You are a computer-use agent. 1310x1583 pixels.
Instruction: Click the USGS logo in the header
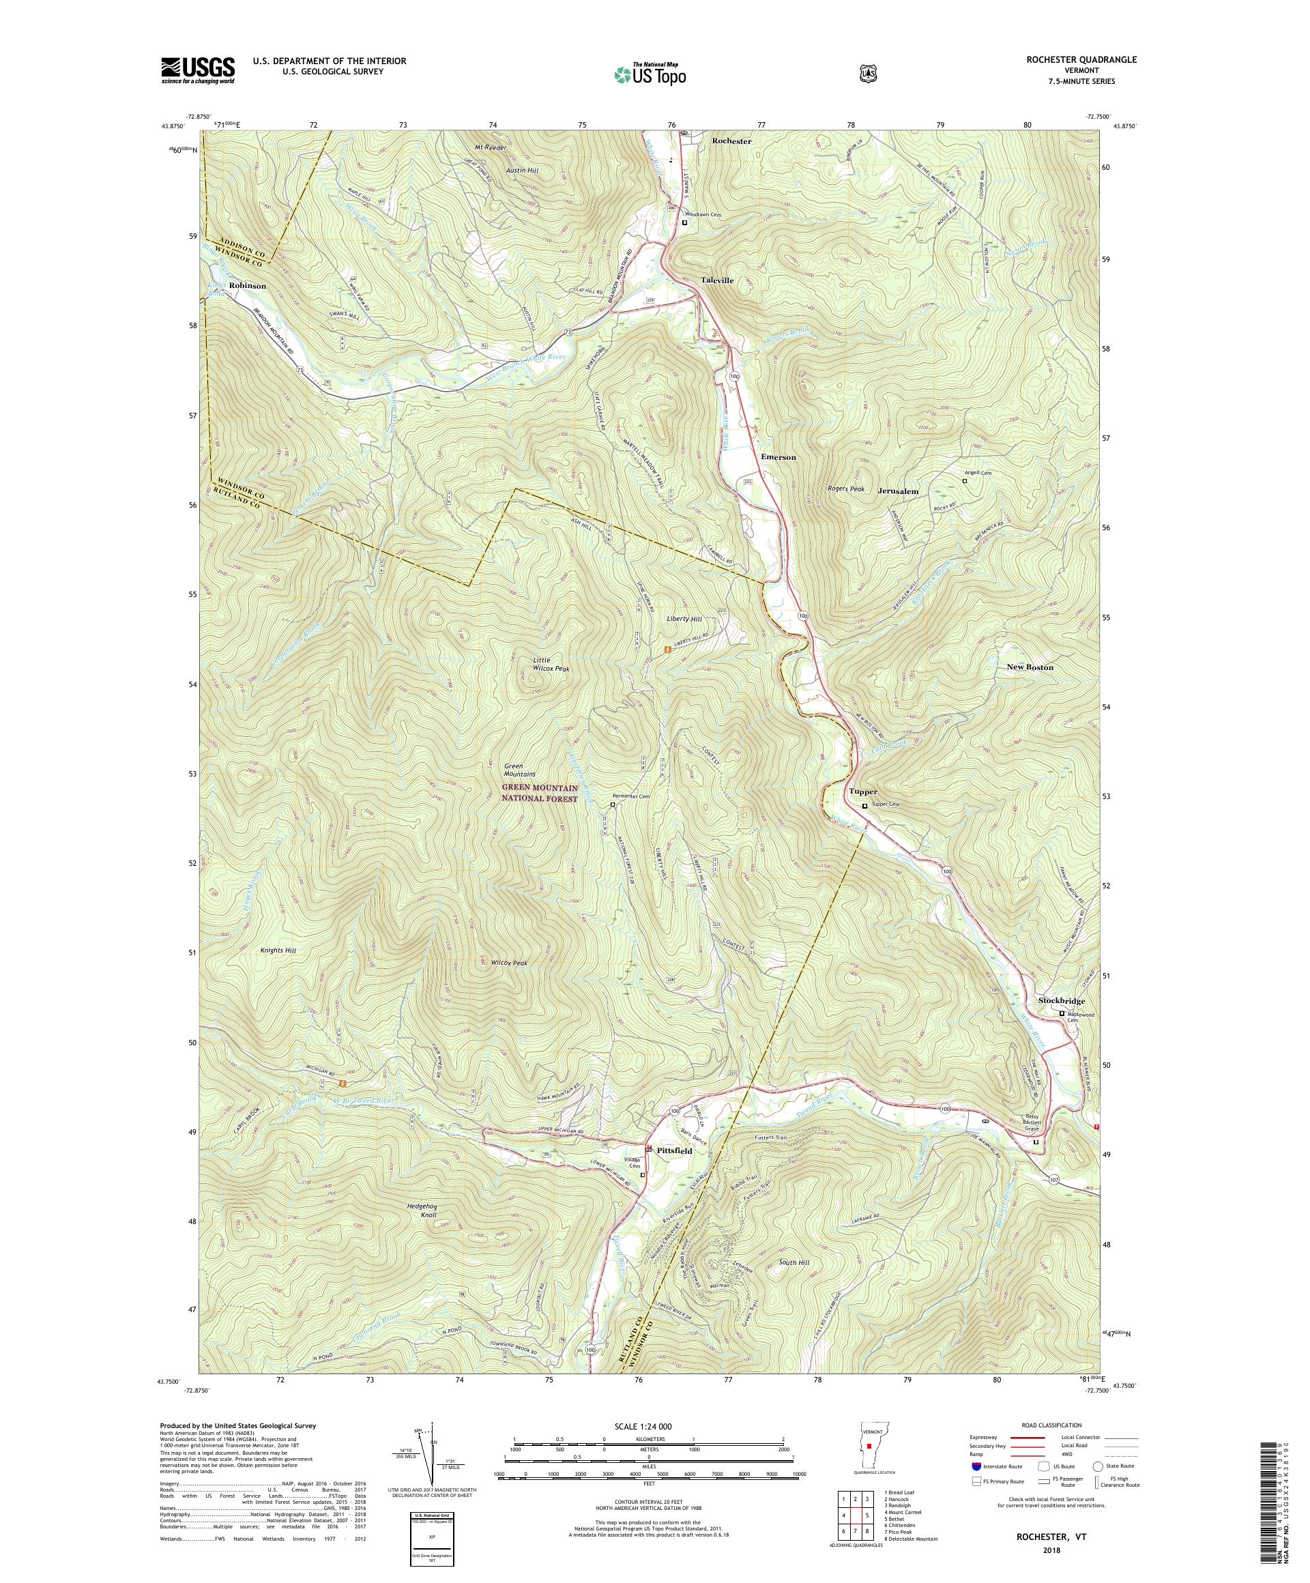click(x=197, y=71)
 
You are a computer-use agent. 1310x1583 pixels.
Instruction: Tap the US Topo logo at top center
click(x=650, y=74)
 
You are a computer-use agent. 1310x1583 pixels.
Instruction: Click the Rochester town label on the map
click(x=731, y=141)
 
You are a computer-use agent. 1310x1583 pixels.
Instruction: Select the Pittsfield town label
click(x=673, y=1151)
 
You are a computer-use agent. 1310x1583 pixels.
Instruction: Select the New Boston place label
click(x=1030, y=667)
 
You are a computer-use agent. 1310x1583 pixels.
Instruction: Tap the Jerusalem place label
click(x=898, y=491)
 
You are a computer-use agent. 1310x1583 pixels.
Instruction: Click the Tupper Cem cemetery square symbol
click(x=864, y=804)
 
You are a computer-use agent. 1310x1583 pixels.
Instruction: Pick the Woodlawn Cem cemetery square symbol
click(x=684, y=223)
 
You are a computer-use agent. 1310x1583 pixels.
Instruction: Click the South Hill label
click(x=793, y=1262)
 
